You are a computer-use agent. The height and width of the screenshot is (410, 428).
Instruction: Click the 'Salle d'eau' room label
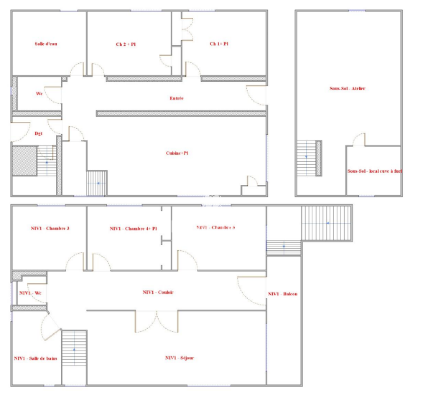point(46,44)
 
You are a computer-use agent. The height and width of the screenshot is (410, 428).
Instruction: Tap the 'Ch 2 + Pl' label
point(126,44)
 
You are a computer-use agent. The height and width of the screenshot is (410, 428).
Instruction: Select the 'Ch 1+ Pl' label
point(219,44)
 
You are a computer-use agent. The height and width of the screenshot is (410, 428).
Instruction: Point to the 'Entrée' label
point(177,98)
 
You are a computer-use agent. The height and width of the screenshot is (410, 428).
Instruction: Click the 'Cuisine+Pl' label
point(177,153)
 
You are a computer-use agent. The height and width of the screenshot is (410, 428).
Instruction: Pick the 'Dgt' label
point(38,134)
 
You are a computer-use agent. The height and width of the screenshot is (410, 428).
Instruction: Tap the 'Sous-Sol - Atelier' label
point(347,88)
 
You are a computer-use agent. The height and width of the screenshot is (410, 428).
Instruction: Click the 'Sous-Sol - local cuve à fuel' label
point(374,171)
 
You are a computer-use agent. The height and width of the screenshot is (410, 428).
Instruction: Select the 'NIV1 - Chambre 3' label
point(50,229)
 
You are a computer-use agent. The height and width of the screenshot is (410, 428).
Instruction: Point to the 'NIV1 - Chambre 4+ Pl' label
point(133,229)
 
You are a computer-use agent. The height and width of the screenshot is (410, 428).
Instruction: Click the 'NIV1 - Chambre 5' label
point(215,228)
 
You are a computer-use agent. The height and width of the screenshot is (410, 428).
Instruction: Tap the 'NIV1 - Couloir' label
point(158,292)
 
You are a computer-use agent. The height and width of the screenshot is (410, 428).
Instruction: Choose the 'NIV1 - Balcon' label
point(282,294)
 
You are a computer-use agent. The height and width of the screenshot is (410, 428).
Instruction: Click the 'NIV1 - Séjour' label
point(180,358)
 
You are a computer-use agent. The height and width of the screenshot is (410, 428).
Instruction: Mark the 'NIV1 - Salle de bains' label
point(35,358)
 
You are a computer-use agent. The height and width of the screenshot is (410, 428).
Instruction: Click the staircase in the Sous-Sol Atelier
point(306,158)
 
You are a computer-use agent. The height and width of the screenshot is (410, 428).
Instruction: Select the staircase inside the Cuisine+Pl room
point(97,183)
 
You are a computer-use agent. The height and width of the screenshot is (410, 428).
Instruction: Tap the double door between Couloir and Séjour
point(157,321)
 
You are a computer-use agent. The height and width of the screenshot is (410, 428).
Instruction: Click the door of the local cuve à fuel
point(359,140)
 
